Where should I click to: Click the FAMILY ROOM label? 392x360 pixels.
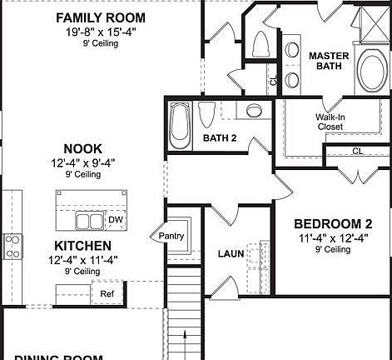[99, 17]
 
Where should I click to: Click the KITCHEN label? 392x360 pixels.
[82, 246]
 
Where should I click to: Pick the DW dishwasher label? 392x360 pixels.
[116, 219]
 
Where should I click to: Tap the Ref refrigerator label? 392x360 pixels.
[107, 293]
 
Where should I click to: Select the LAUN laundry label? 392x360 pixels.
[231, 253]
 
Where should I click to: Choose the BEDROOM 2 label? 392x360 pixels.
[333, 223]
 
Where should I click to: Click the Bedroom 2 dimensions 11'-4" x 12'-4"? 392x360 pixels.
[332, 238]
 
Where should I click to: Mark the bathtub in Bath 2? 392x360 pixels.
[180, 122]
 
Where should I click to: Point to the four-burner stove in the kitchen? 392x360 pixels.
[13, 246]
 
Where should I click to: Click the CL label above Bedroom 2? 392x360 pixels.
[357, 151]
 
